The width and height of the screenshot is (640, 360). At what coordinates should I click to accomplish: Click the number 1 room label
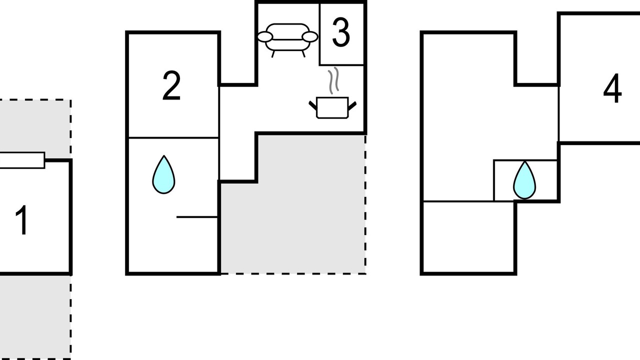[21, 220]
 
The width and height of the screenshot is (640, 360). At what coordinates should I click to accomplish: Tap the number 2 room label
[171, 85]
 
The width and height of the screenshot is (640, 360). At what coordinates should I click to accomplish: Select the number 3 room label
[341, 32]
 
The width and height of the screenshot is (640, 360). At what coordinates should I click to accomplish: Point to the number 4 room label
[612, 88]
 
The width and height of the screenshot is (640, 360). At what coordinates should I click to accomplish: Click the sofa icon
[287, 40]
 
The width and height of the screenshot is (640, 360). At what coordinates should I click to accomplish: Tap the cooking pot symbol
[332, 107]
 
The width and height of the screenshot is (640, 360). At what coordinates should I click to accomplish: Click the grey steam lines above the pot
[333, 80]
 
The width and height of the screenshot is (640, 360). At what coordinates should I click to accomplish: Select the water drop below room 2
[163, 175]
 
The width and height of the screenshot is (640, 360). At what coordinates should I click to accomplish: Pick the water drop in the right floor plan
[524, 180]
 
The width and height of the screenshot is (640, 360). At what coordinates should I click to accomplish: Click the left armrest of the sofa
[265, 37]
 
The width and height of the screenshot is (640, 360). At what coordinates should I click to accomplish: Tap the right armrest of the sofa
[310, 37]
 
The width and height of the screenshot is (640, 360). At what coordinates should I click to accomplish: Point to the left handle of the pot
[313, 105]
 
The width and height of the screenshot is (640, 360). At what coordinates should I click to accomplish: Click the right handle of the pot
[352, 105]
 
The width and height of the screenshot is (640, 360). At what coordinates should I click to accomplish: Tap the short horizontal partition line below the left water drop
[197, 217]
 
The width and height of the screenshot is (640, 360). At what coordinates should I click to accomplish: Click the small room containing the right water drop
[525, 180]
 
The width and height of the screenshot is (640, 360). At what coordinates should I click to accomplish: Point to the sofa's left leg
[273, 54]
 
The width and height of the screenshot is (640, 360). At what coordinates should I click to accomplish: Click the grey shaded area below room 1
[35, 317]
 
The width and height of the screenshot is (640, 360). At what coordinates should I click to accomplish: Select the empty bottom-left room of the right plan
[468, 237]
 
